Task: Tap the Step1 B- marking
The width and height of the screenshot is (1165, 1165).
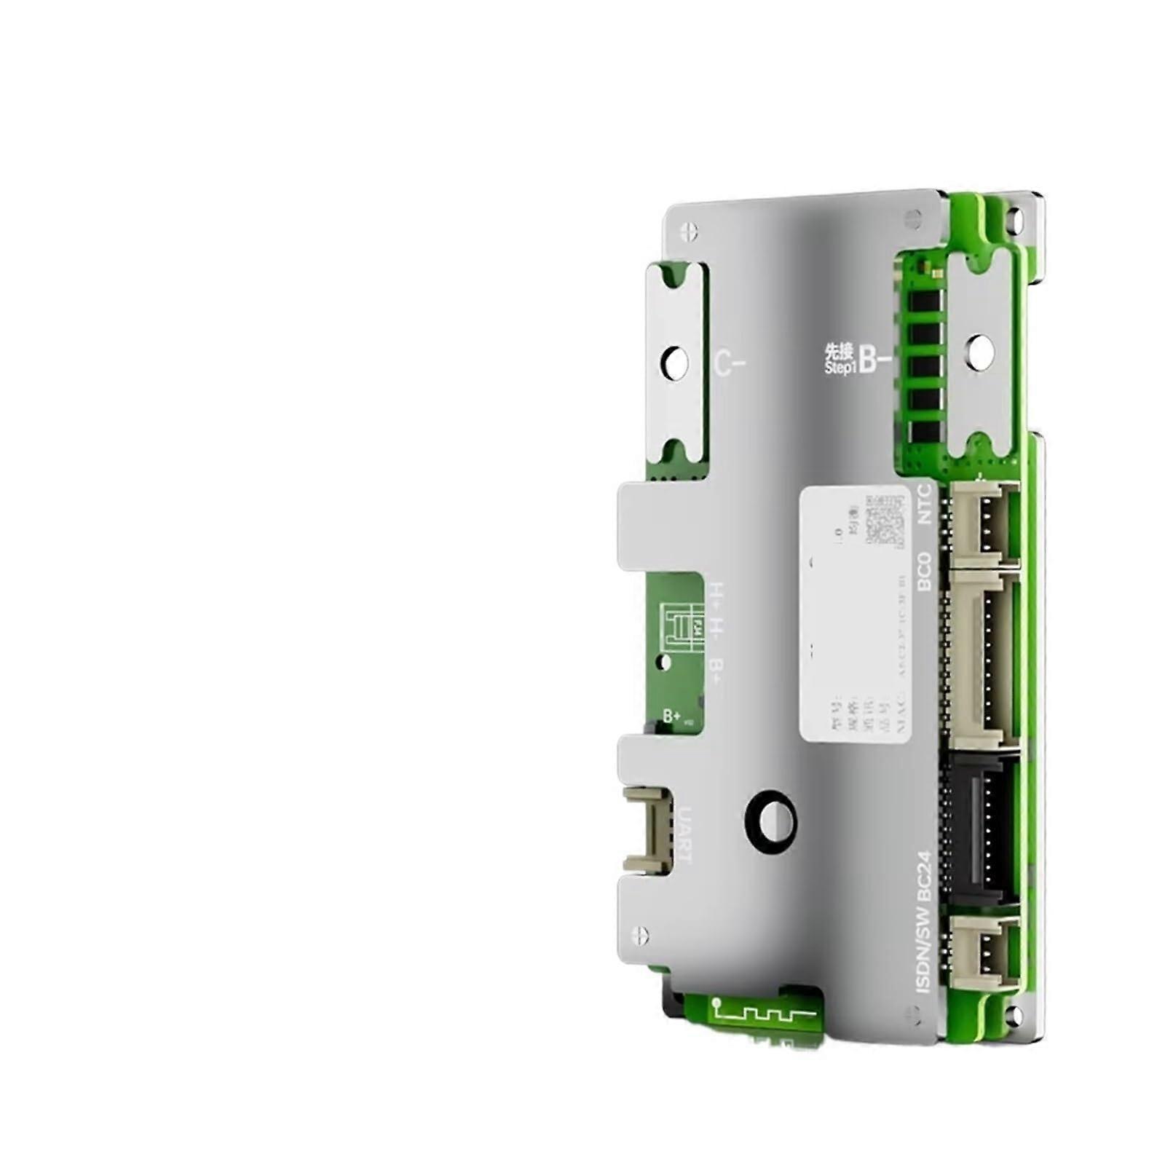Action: coord(857,359)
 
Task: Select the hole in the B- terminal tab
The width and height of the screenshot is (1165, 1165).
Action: coord(981,348)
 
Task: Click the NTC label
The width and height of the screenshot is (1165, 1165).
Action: coord(925,504)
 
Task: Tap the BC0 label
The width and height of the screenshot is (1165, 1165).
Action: coord(925,572)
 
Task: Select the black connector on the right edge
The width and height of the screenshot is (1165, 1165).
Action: coord(980,830)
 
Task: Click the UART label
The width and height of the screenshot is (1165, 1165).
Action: coord(685,833)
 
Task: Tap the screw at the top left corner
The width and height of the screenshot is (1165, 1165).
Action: coord(689,232)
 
